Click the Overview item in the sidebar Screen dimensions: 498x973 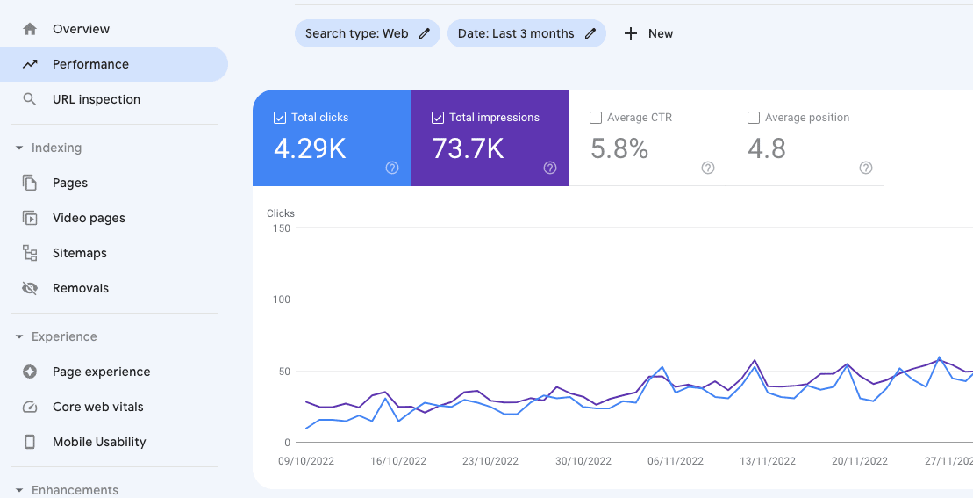click(x=81, y=29)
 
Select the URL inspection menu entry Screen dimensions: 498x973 click(x=96, y=99)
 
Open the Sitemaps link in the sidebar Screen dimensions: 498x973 click(x=79, y=253)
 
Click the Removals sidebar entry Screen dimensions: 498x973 click(x=80, y=288)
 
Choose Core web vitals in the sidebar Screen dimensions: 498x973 click(x=97, y=407)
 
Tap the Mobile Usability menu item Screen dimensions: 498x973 click(x=98, y=442)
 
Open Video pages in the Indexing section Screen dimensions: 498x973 click(x=88, y=218)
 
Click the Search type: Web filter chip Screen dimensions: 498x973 click(x=367, y=33)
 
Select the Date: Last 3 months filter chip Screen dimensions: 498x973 click(x=526, y=33)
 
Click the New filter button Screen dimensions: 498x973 click(x=648, y=33)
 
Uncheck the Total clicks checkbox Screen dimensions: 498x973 click(x=280, y=118)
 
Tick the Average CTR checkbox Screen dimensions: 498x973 click(x=596, y=118)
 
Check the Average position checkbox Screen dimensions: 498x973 click(x=754, y=118)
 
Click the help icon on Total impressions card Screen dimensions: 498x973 click(x=550, y=168)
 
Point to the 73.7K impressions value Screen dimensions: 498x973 click(x=468, y=148)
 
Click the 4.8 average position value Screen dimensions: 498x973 click(x=766, y=148)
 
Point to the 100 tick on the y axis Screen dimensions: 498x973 click(x=281, y=300)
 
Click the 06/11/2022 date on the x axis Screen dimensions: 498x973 click(x=676, y=461)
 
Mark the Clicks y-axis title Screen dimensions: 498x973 click(x=281, y=213)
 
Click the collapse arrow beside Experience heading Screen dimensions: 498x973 click(x=19, y=336)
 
